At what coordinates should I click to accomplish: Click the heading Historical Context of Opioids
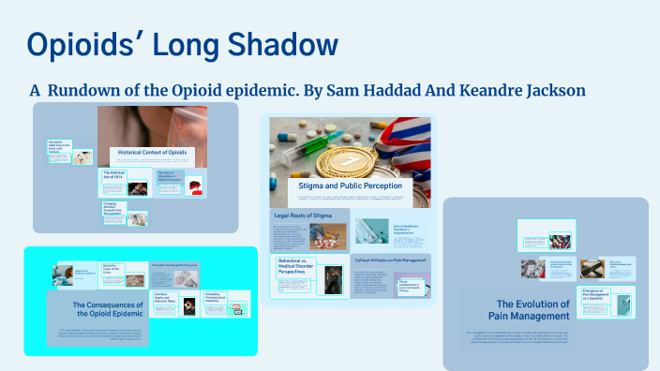pyautogui.click(x=154, y=152)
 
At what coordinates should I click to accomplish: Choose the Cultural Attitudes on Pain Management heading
pyautogui.click(x=391, y=260)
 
